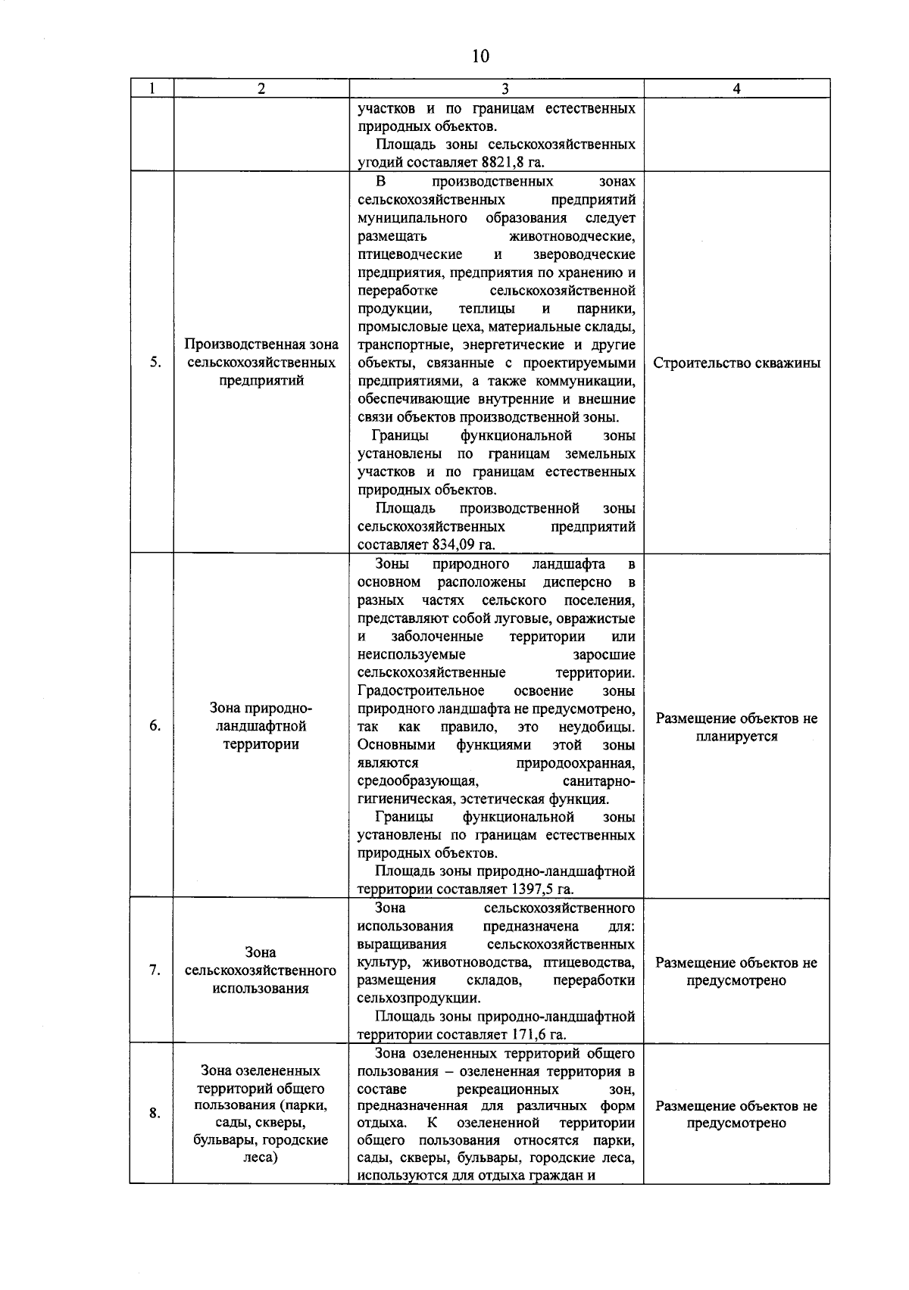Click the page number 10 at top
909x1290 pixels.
(480, 56)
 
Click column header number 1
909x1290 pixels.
(151, 89)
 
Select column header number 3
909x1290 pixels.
(496, 89)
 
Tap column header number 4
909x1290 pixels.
(736, 89)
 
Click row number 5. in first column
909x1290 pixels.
(155, 363)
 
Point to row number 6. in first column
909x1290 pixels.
(155, 726)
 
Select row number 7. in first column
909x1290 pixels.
(155, 971)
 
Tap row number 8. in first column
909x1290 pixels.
(155, 1113)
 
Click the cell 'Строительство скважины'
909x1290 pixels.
(736, 363)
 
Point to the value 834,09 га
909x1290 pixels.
(463, 544)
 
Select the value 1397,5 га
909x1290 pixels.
(542, 890)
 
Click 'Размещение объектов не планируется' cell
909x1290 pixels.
(736, 728)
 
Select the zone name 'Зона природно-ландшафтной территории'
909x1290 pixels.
(261, 726)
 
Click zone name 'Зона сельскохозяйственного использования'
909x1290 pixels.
(261, 971)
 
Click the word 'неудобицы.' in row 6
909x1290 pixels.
(596, 727)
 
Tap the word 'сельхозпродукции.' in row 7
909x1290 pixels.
(419, 999)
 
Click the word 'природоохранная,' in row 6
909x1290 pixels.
(576, 763)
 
